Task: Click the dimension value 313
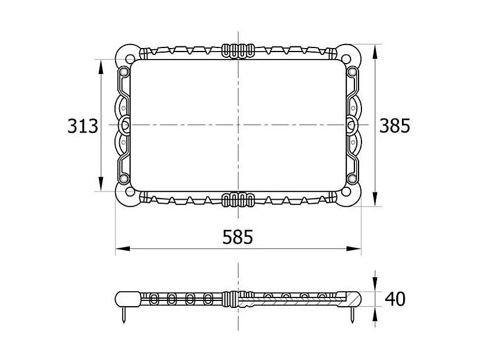83,126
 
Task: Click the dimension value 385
394,126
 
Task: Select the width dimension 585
238,237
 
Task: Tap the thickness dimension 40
395,299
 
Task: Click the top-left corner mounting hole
130,59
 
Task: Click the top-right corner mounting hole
346,59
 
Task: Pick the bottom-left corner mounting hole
130,192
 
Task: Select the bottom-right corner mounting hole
346,192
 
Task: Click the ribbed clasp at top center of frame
238,51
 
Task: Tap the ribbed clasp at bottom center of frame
238,200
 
